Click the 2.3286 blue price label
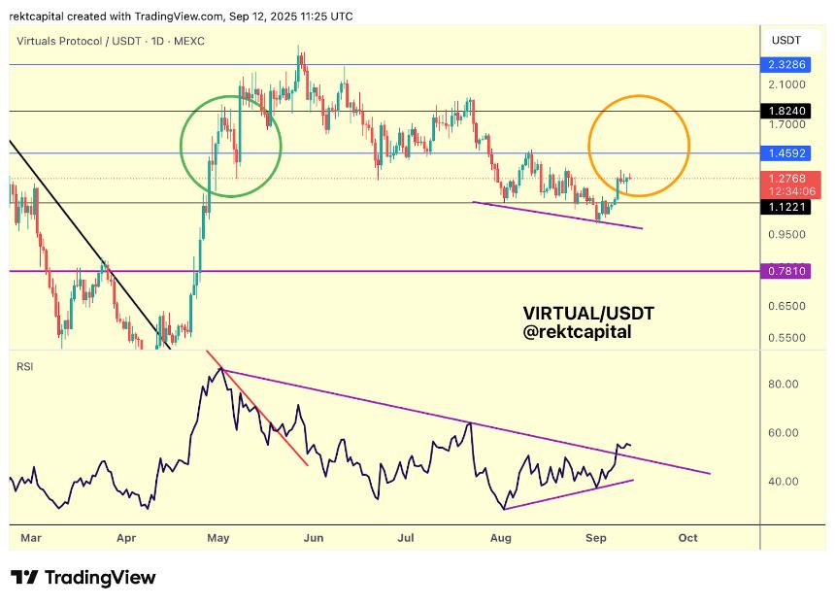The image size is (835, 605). coord(785,66)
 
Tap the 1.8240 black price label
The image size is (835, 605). coord(785,112)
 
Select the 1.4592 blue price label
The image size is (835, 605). coord(785,153)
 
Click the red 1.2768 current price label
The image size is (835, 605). coord(785,178)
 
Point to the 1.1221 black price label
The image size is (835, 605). coord(785,206)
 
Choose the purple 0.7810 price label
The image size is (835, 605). coord(785,271)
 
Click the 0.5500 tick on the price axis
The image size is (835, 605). coord(786,338)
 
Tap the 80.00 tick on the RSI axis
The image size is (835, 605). coord(785,384)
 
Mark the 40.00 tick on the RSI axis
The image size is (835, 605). coord(785,481)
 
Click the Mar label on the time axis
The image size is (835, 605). coord(31,536)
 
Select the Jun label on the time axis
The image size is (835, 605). coord(312,536)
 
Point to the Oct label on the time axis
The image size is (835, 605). coord(687,536)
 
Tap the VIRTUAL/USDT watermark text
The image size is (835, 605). coord(588,313)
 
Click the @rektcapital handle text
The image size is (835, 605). coord(577,332)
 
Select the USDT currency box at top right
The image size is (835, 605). coord(785,40)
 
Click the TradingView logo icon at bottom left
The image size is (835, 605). coord(24,577)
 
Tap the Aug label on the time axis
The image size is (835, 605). coord(501,536)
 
